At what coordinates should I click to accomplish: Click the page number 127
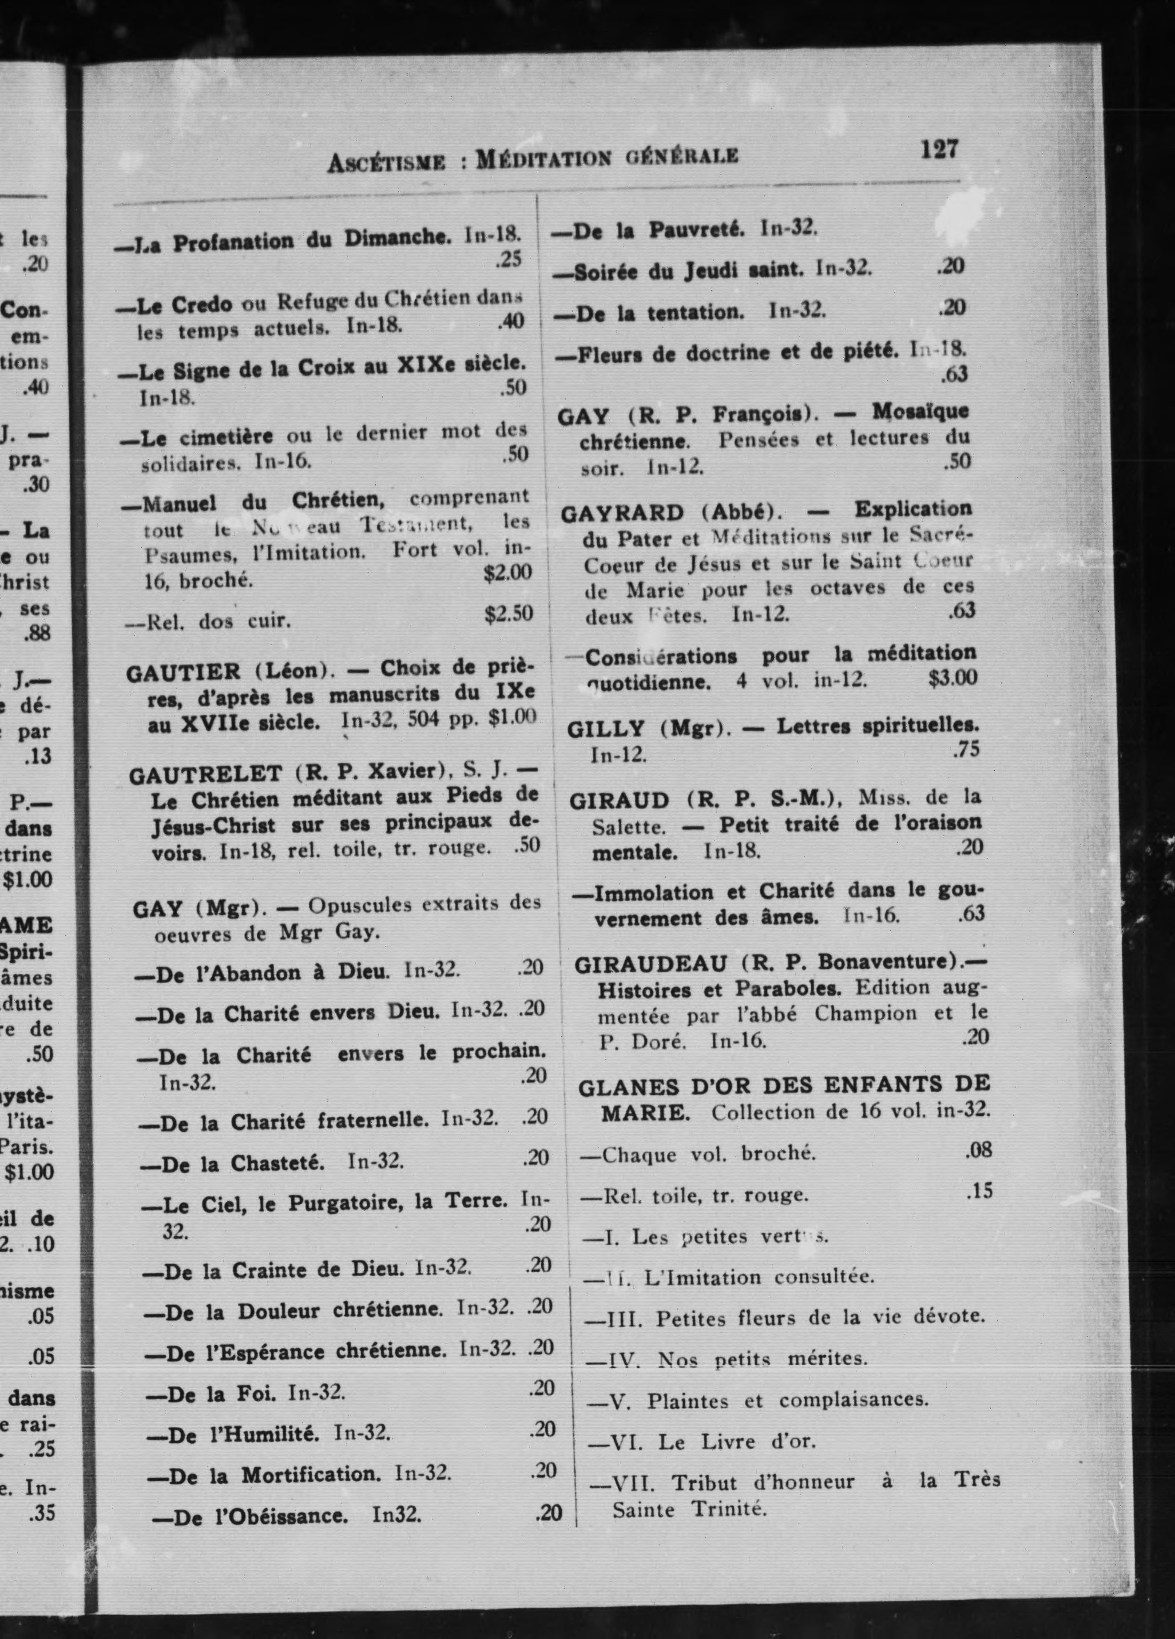(939, 149)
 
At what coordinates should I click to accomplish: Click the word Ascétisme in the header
(386, 162)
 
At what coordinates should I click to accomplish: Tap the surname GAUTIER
(184, 673)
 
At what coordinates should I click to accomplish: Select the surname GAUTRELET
(205, 775)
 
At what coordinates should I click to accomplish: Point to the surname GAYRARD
(621, 514)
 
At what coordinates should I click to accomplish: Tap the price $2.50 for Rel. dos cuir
(509, 613)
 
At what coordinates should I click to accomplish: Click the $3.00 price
(952, 677)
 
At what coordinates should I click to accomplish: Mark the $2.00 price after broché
(507, 572)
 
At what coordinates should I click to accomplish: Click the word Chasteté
(277, 1163)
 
